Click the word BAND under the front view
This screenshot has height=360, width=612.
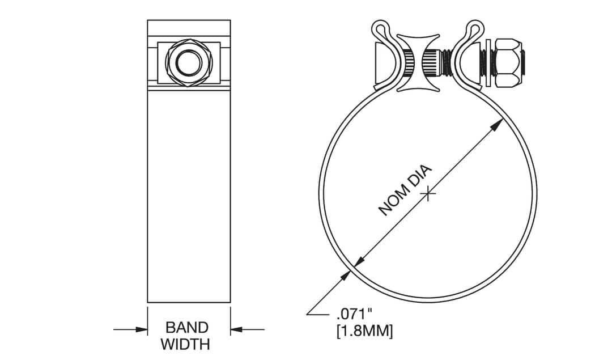pos(187,327)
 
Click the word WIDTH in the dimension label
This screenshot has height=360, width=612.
pos(185,344)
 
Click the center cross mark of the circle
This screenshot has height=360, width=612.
pos(429,194)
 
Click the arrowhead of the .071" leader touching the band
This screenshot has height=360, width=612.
pos(345,277)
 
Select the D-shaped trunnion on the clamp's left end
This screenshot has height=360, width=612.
pos(382,62)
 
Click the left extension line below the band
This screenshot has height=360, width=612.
pos(148,317)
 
